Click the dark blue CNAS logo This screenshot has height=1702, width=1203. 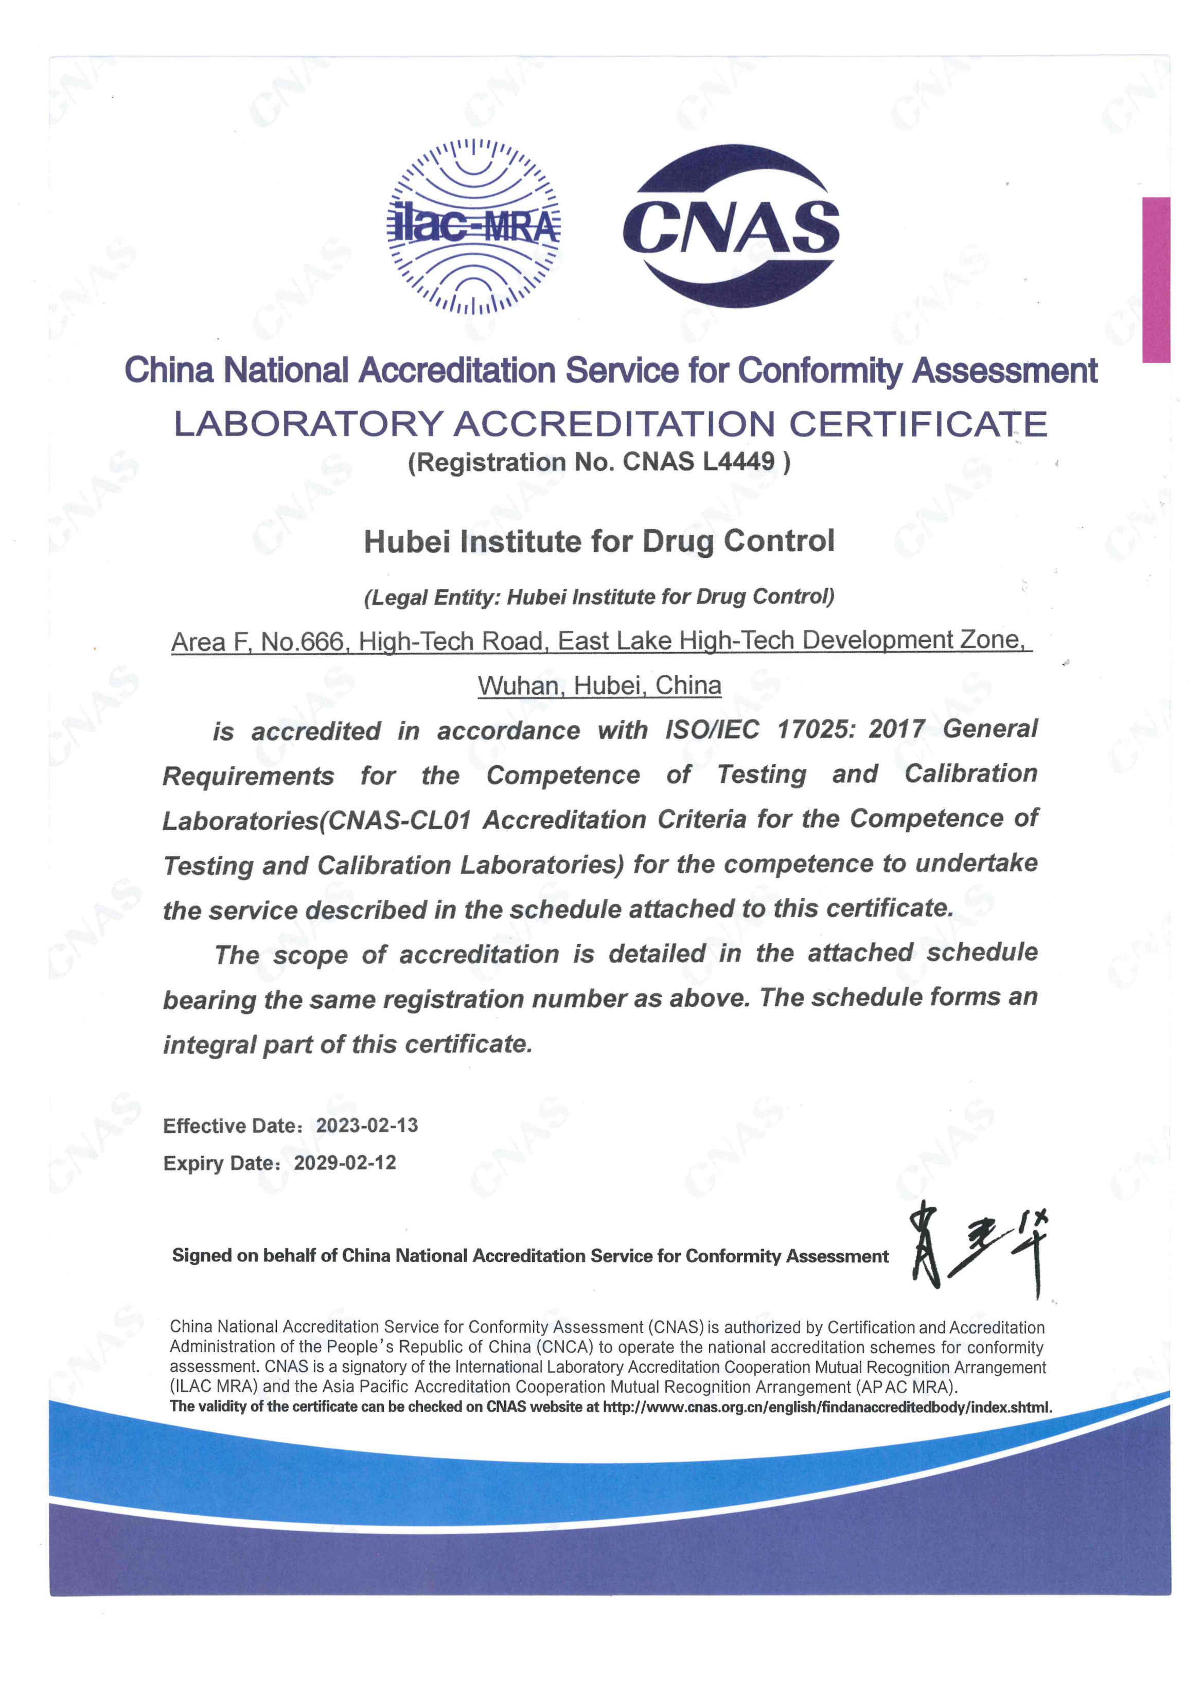click(x=731, y=225)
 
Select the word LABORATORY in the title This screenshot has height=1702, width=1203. click(x=308, y=424)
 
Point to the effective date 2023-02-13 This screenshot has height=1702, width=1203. click(x=367, y=1125)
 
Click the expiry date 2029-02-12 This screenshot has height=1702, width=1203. click(x=345, y=1162)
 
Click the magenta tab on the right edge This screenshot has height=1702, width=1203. click(x=1156, y=279)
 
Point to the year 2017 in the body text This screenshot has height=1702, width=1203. click(x=896, y=729)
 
